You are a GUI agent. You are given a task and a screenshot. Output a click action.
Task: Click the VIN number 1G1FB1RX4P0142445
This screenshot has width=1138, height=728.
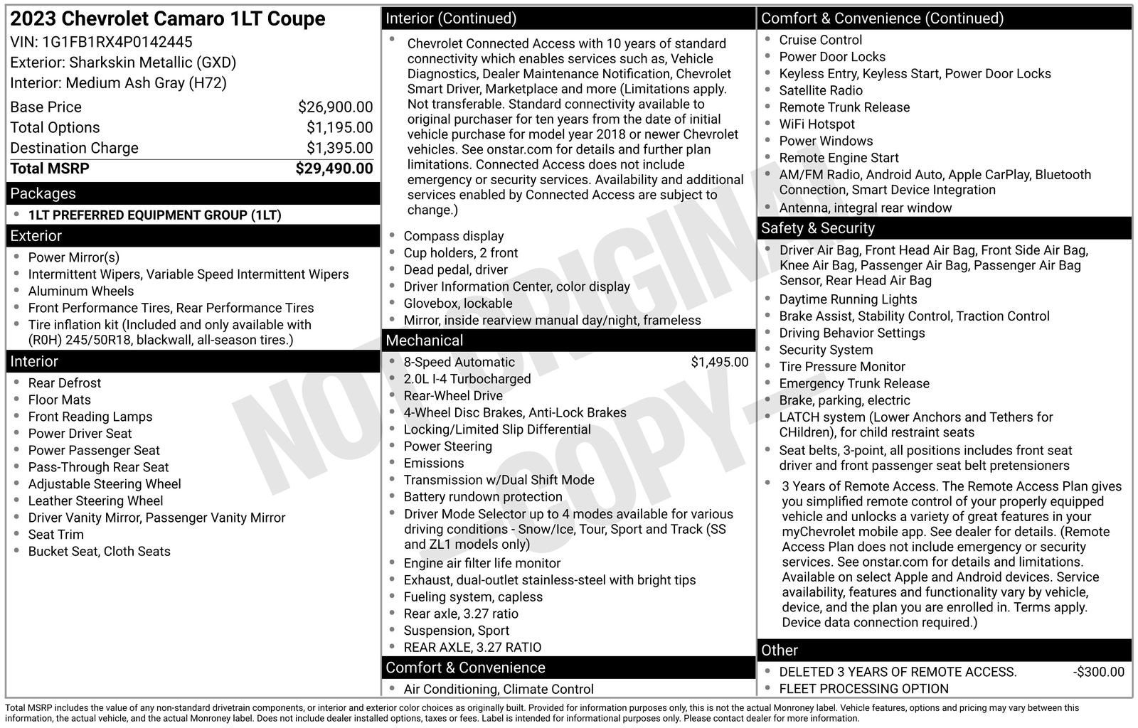point(118,42)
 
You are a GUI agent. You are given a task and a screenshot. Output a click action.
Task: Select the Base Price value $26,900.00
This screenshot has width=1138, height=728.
point(335,107)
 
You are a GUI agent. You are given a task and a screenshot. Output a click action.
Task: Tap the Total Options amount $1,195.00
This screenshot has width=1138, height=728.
point(339,128)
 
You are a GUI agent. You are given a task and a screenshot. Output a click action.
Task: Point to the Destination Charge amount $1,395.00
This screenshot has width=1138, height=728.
point(339,149)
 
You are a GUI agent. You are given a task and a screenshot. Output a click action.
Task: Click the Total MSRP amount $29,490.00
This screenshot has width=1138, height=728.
point(334,168)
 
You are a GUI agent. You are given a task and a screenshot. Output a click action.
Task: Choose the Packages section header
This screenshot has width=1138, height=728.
point(43,193)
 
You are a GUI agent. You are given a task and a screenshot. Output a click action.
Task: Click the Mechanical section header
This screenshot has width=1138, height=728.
point(425,341)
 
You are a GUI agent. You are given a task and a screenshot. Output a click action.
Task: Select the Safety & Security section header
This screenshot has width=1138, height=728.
point(818,228)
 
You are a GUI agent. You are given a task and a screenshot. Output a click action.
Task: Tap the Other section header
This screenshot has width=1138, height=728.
point(780,651)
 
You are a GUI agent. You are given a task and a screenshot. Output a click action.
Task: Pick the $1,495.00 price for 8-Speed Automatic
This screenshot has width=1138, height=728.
point(719,363)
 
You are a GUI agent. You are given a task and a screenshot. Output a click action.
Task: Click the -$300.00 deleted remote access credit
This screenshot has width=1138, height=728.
point(1099,673)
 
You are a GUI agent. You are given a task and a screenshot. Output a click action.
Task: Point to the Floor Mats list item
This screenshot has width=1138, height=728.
point(60,400)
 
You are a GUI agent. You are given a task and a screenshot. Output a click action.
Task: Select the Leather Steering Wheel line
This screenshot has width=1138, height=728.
point(95,501)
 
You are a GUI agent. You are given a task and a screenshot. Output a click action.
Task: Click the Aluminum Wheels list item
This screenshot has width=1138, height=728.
point(81,291)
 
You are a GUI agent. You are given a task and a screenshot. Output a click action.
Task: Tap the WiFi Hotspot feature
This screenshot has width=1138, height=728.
point(817,124)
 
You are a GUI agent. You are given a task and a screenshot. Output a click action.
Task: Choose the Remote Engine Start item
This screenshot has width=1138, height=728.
point(839,158)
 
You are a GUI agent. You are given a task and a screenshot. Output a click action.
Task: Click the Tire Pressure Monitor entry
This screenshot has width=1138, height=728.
point(842,367)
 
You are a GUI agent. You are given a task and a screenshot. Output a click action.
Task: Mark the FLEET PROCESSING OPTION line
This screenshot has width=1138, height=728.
point(863,689)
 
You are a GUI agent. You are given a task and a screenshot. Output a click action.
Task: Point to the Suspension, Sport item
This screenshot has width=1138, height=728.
point(457,631)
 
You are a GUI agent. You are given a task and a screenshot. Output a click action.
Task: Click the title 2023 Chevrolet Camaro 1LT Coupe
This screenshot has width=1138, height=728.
point(168,19)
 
